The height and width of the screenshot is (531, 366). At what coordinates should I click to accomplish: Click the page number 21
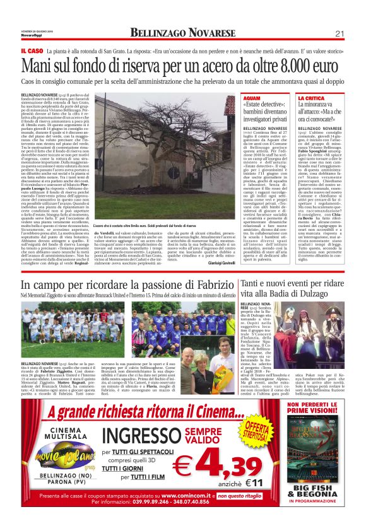click(x=339, y=33)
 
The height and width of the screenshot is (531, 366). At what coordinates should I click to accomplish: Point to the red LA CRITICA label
click(x=310, y=98)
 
